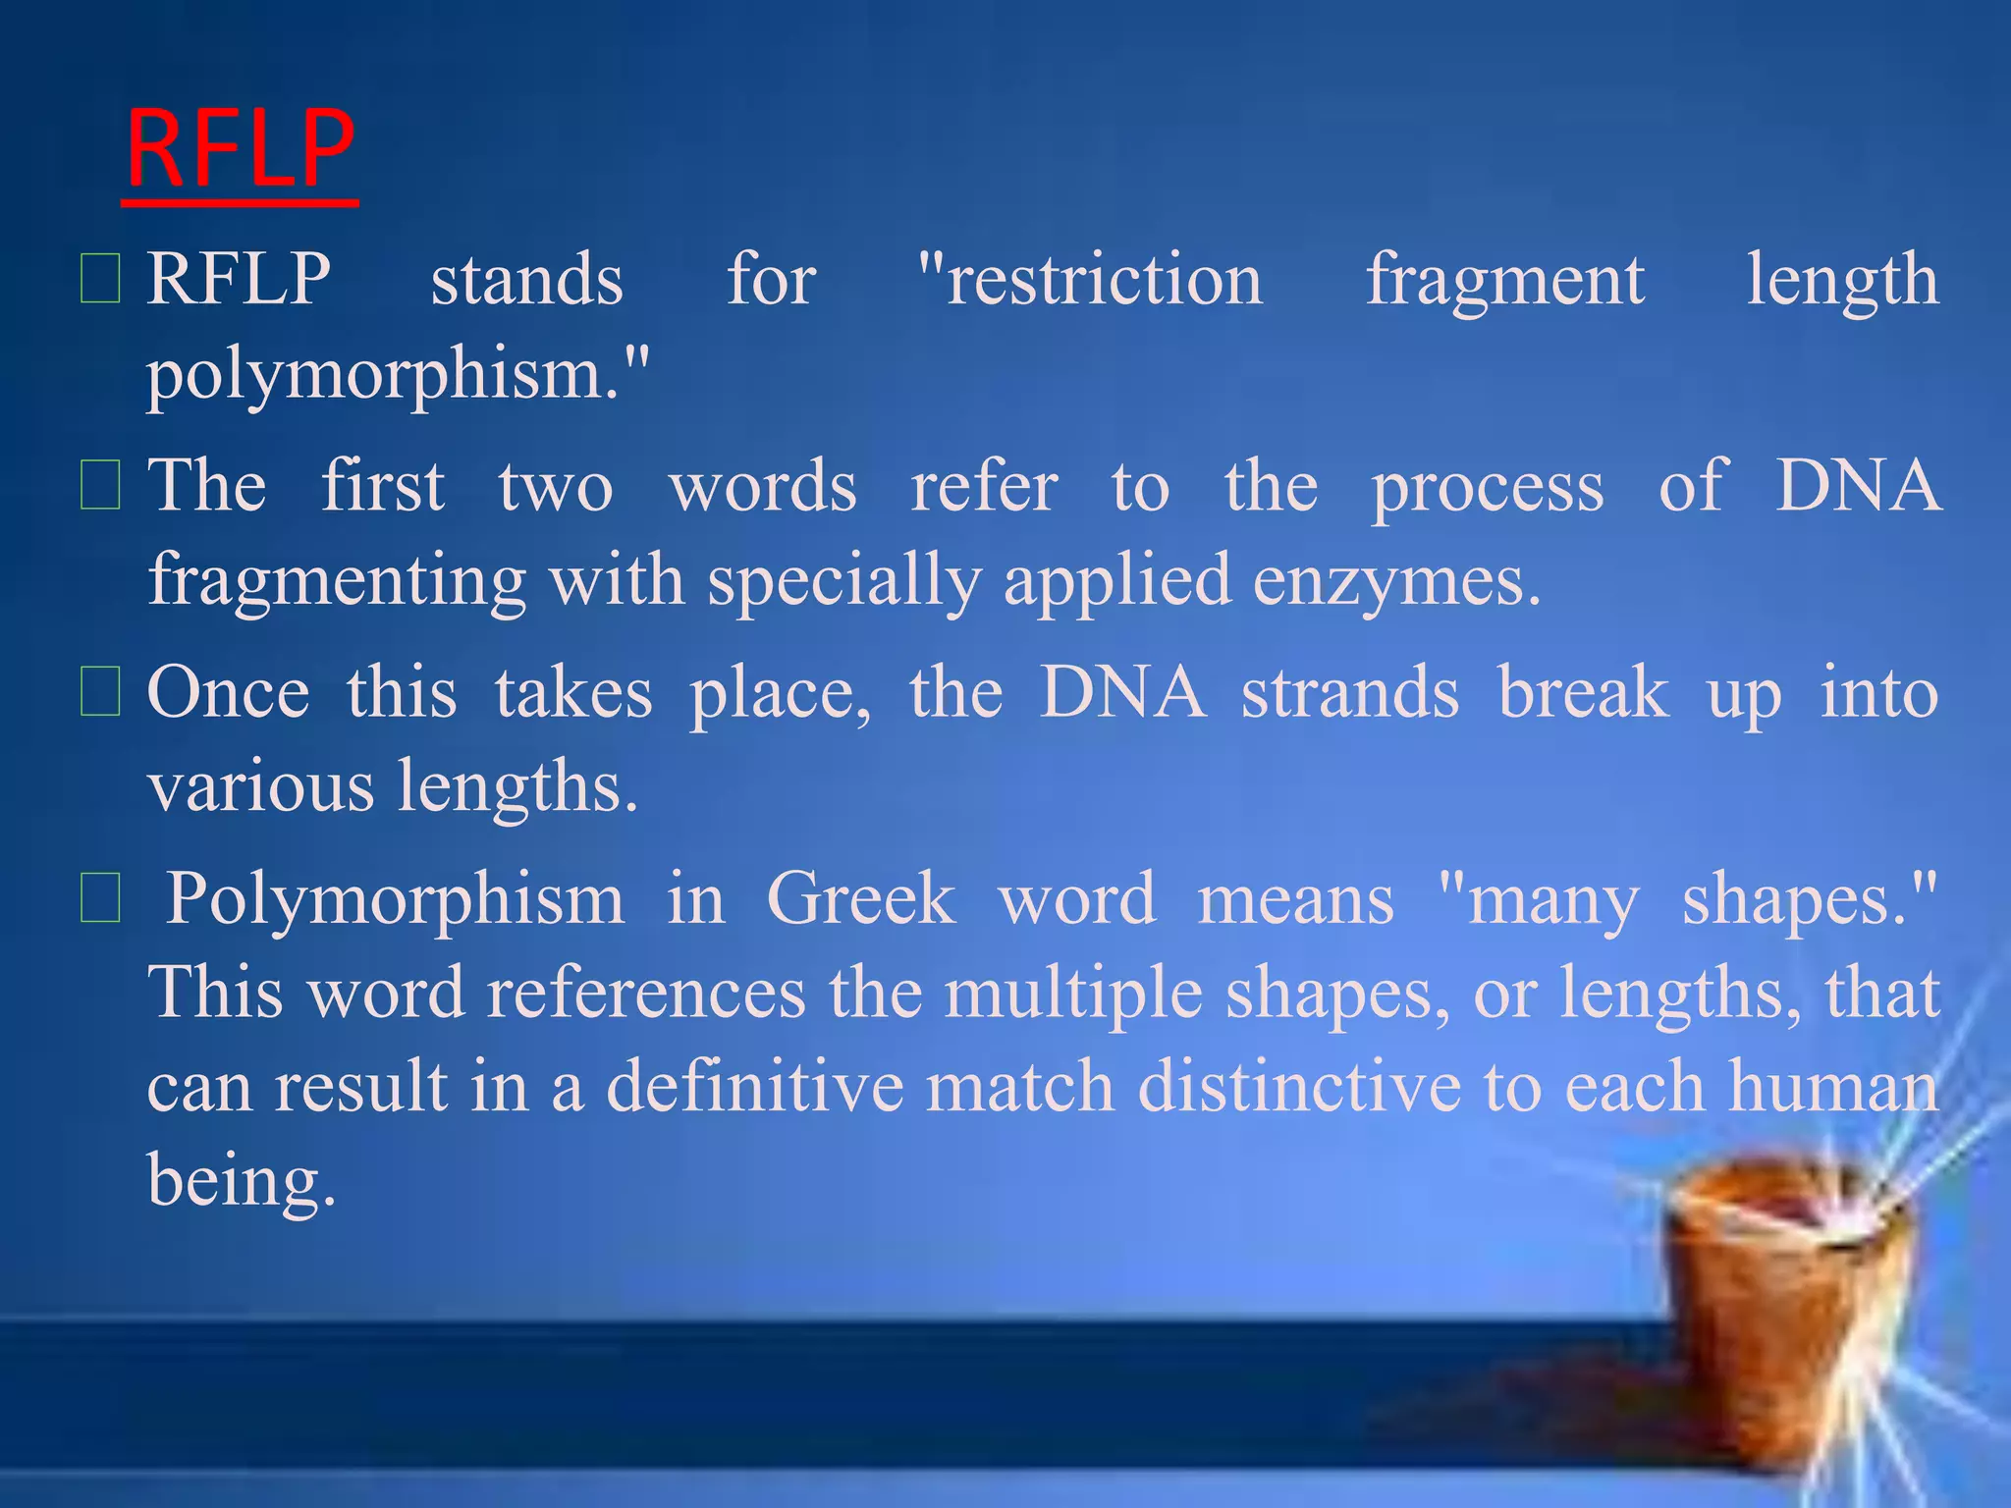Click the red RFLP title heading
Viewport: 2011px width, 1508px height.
pos(241,149)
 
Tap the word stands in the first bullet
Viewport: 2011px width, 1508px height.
pos(527,281)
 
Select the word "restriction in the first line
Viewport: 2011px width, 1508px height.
pos(1090,281)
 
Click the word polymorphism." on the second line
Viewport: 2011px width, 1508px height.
pos(398,375)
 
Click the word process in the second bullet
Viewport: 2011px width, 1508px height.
pos(1488,488)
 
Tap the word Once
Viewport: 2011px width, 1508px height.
pos(228,693)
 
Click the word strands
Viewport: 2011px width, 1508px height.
pos(1350,693)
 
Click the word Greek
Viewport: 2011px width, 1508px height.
pos(860,899)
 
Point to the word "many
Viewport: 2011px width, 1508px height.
pos(1537,901)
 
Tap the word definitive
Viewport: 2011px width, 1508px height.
pos(754,1087)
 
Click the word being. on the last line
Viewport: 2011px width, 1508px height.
pos(242,1181)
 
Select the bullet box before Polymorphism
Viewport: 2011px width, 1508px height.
pos(99,899)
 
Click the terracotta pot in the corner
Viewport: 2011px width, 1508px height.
pos(1787,1306)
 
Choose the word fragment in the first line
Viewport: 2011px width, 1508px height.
pos(1504,281)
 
